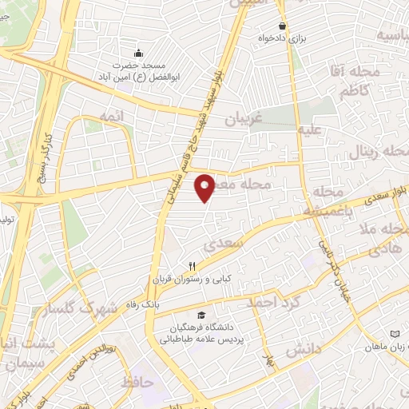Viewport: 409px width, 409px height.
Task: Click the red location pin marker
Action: point(205,189)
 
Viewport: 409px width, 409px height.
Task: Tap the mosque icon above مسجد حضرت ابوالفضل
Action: point(138,54)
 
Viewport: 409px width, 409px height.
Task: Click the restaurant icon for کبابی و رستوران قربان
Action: point(192,267)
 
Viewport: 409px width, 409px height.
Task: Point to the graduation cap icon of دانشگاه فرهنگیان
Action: point(201,316)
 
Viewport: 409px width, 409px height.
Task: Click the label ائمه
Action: point(113,117)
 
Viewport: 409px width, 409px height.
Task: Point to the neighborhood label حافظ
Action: point(137,383)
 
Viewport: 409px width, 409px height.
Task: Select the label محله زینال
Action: point(382,151)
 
